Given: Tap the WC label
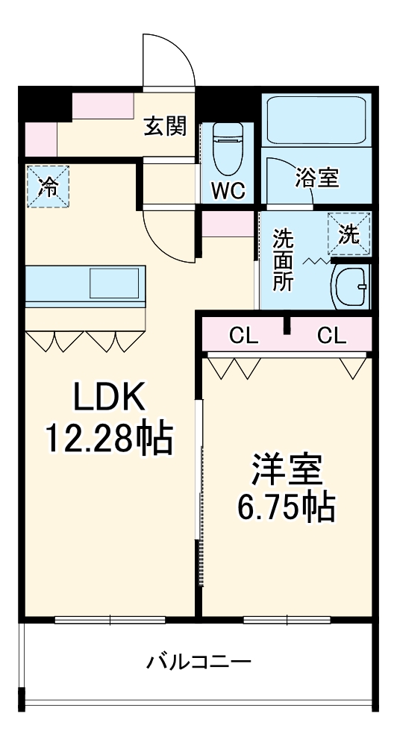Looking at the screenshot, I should click(227, 191).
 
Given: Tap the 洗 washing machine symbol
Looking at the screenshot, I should click(349, 233).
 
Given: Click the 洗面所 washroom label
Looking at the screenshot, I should click(283, 260).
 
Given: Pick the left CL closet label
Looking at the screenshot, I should click(243, 336).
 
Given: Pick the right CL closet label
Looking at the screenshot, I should click(331, 336).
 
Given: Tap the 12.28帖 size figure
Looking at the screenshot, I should click(109, 439).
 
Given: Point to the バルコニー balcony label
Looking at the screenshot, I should click(198, 661).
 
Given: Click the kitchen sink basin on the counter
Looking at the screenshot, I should click(113, 283).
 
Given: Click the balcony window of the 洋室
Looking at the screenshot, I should click(287, 620).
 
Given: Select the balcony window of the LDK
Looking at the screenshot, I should click(110, 620).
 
